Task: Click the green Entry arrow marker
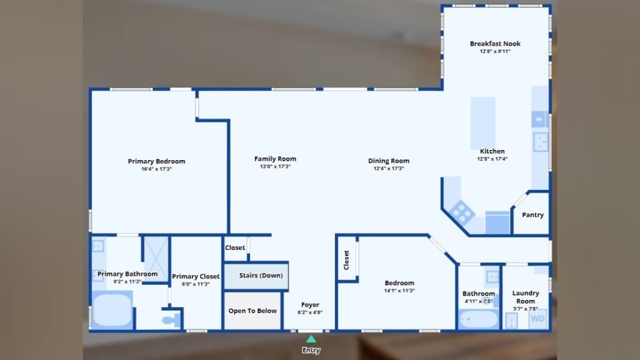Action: pos(311,339)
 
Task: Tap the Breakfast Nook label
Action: pos(495,44)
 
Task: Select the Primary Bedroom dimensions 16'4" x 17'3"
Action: pos(157,169)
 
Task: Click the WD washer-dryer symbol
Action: pos(537,319)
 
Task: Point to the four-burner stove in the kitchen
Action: pos(462,212)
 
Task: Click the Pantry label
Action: pos(532,215)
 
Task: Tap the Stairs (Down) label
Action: pos(261,276)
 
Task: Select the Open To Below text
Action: pos(252,311)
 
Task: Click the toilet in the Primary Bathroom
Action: pos(171,319)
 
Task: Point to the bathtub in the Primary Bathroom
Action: pos(112,309)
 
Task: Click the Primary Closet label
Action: pos(196,276)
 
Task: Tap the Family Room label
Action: pos(275,159)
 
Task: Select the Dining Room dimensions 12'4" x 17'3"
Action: pos(389,169)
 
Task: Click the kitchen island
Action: pos(483,123)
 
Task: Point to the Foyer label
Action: pos(310,305)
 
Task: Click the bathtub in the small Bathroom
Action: pos(478,319)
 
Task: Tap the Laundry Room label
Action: pos(526,297)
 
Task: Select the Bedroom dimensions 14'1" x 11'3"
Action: pos(399,291)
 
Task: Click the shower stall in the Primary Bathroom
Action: pos(156,259)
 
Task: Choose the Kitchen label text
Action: pos(492,151)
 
